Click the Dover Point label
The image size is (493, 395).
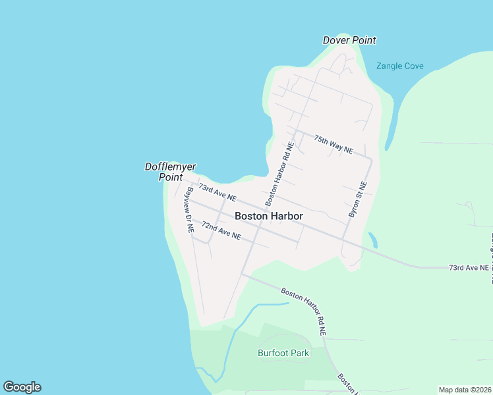pos(349,40)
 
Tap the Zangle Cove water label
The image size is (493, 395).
pos(399,66)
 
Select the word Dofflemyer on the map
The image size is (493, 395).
pos(170,167)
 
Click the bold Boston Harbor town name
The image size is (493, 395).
pos(269,216)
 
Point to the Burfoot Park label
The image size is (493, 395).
pos(283,353)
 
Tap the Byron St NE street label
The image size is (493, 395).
pos(357,199)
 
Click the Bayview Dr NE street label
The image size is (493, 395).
pos(190,210)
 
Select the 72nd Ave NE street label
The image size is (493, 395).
pos(221,230)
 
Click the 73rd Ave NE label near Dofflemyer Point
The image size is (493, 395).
pos(217,193)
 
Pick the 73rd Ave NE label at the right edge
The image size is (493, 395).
pos(469,268)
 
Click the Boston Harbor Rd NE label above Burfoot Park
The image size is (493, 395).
pos(304,312)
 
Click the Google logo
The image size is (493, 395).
pos(22,387)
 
